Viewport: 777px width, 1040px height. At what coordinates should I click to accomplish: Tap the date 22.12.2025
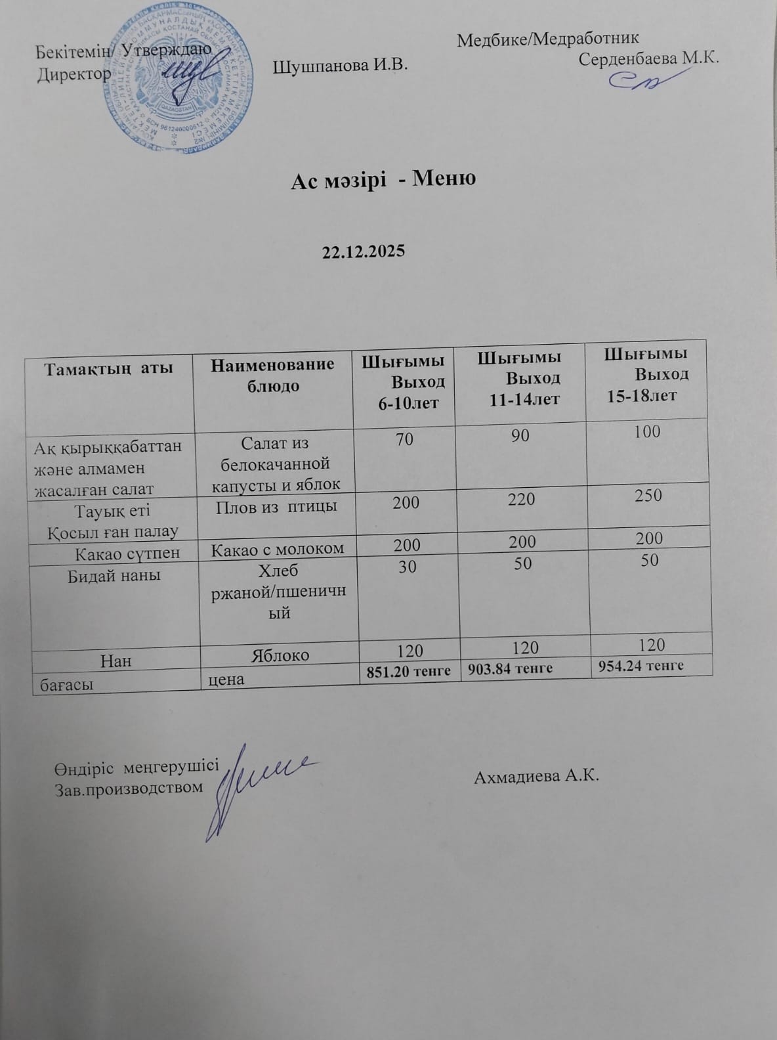coord(364,251)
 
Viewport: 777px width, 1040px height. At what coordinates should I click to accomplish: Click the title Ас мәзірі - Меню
coord(383,179)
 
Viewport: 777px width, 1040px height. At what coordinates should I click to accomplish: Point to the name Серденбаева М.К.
coord(650,58)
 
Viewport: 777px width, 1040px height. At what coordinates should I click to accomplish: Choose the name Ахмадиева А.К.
coord(537,777)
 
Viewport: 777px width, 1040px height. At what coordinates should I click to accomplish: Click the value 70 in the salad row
coord(404,439)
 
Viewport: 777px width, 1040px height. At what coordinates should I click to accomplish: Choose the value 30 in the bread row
coord(408,566)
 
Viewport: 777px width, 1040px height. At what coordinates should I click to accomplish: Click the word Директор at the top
coord(74,74)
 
